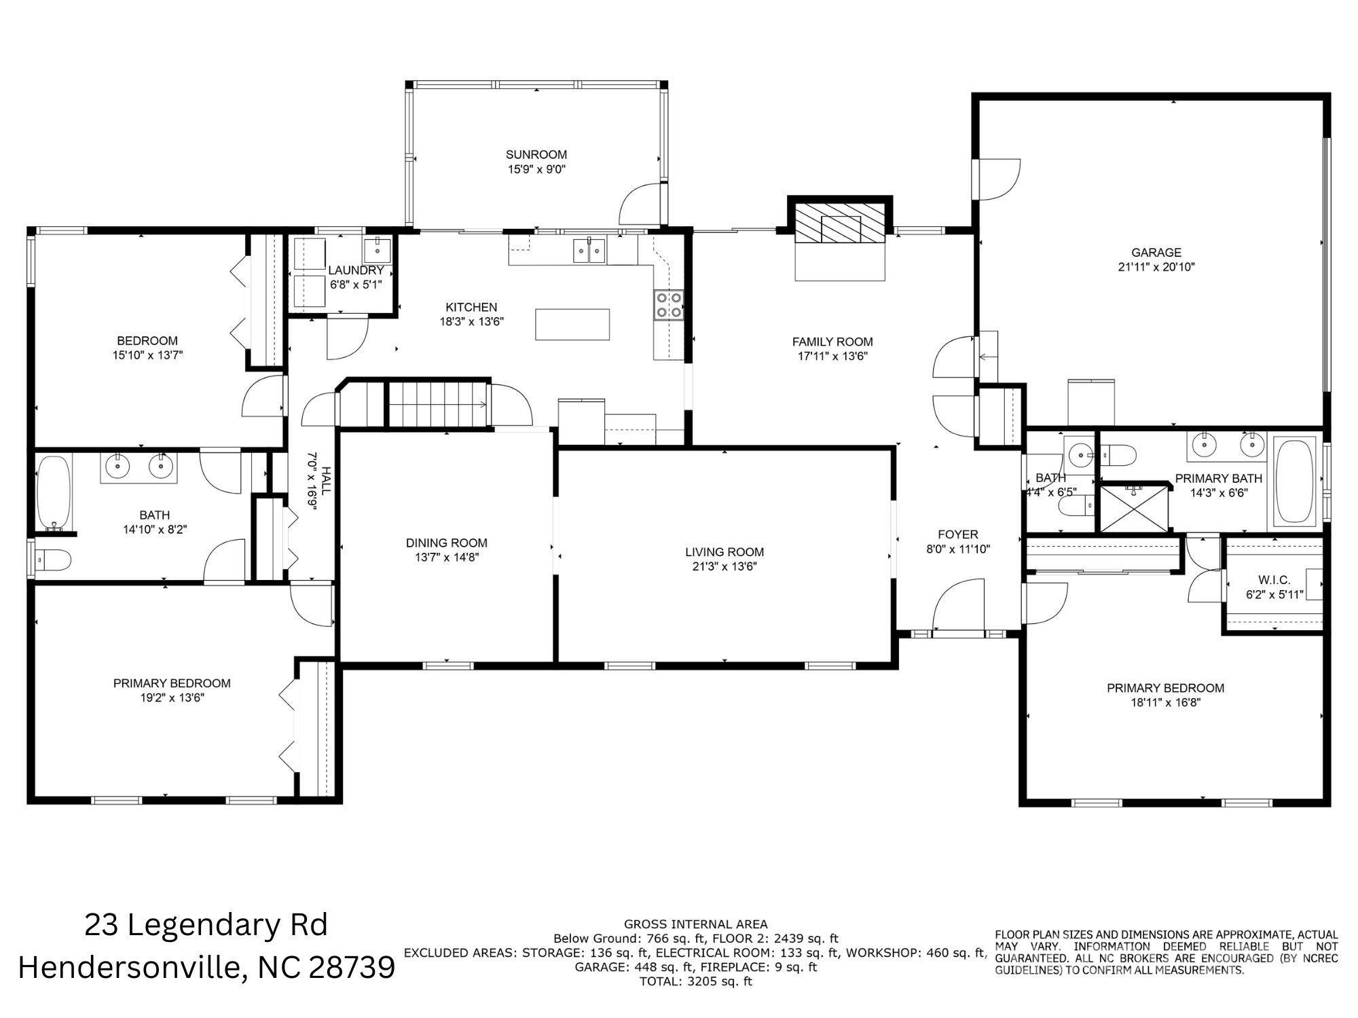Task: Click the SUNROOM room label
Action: tap(536, 155)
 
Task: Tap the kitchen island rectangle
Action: tap(572, 324)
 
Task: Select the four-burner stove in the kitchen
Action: tap(668, 305)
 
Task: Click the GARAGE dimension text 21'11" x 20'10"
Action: tap(1156, 267)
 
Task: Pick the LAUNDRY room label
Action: tap(356, 270)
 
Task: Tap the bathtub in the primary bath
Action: tap(1296, 481)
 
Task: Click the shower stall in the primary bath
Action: tap(1135, 507)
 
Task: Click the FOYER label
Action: tap(958, 534)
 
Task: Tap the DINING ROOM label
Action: tap(446, 543)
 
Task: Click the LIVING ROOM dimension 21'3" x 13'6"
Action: tap(724, 566)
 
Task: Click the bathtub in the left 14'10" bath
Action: tap(54, 492)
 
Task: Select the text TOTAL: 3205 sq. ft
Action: tap(695, 981)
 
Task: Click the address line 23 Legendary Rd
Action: tap(206, 925)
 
